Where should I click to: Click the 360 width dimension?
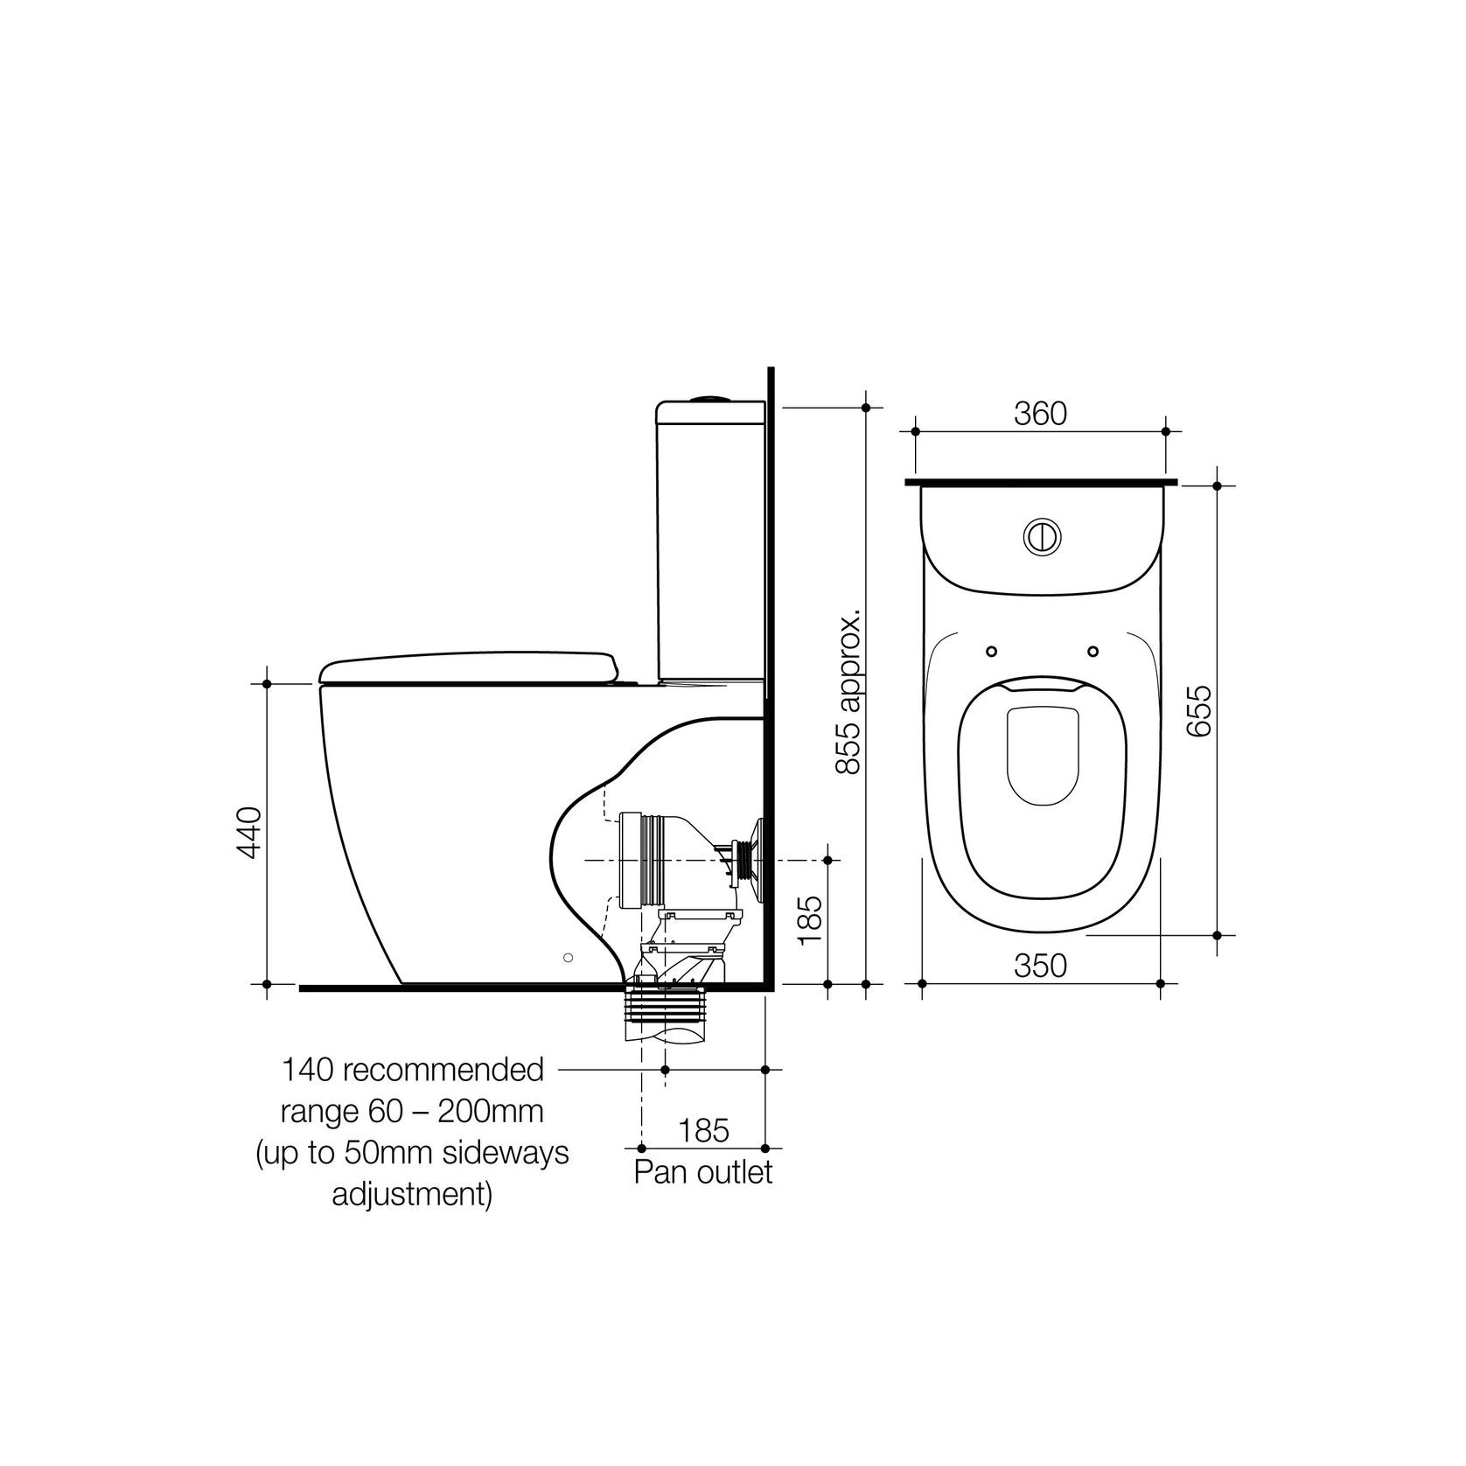tap(1040, 414)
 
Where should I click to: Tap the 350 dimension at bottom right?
tap(1040, 966)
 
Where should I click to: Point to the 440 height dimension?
tap(249, 832)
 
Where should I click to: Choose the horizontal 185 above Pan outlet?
tap(704, 1130)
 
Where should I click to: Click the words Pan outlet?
tap(703, 1171)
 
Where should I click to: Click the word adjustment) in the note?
tap(411, 1194)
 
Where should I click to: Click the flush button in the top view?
tap(1041, 536)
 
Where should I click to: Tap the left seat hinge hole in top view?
tap(991, 651)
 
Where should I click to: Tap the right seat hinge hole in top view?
tap(1093, 651)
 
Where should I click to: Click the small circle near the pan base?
tap(569, 958)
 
